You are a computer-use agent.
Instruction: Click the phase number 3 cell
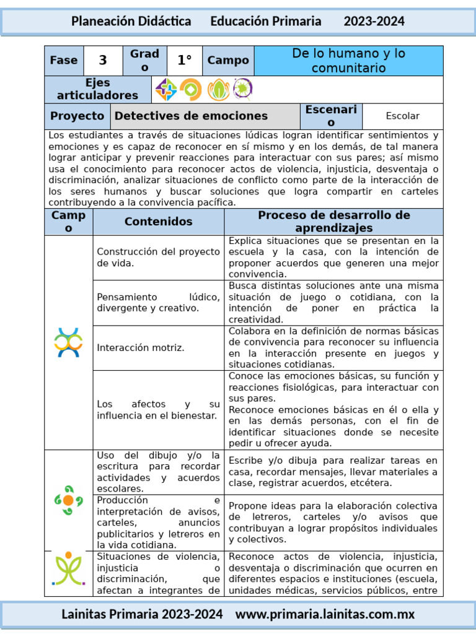tap(103, 61)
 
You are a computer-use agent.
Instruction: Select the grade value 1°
tap(185, 61)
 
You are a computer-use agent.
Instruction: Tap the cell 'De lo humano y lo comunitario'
tap(348, 61)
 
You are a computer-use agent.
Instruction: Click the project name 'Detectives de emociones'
tap(192, 116)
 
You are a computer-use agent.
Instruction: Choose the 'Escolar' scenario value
tap(402, 116)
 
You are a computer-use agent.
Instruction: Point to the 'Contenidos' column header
tap(158, 222)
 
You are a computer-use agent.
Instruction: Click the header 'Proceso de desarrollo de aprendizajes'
tap(333, 222)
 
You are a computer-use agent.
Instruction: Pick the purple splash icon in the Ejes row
tap(242, 90)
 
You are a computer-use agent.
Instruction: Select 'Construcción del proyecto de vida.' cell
tap(158, 257)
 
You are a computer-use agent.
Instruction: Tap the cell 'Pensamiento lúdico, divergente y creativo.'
tap(158, 303)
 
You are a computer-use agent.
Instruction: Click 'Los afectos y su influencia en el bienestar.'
tap(158, 410)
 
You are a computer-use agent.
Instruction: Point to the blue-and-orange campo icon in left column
tap(68, 342)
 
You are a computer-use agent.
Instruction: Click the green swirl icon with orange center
tap(68, 500)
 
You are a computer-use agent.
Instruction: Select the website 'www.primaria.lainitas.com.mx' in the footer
tap(325, 614)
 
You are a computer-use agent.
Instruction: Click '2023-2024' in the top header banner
tap(374, 22)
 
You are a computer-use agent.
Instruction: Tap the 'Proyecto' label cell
tap(77, 116)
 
